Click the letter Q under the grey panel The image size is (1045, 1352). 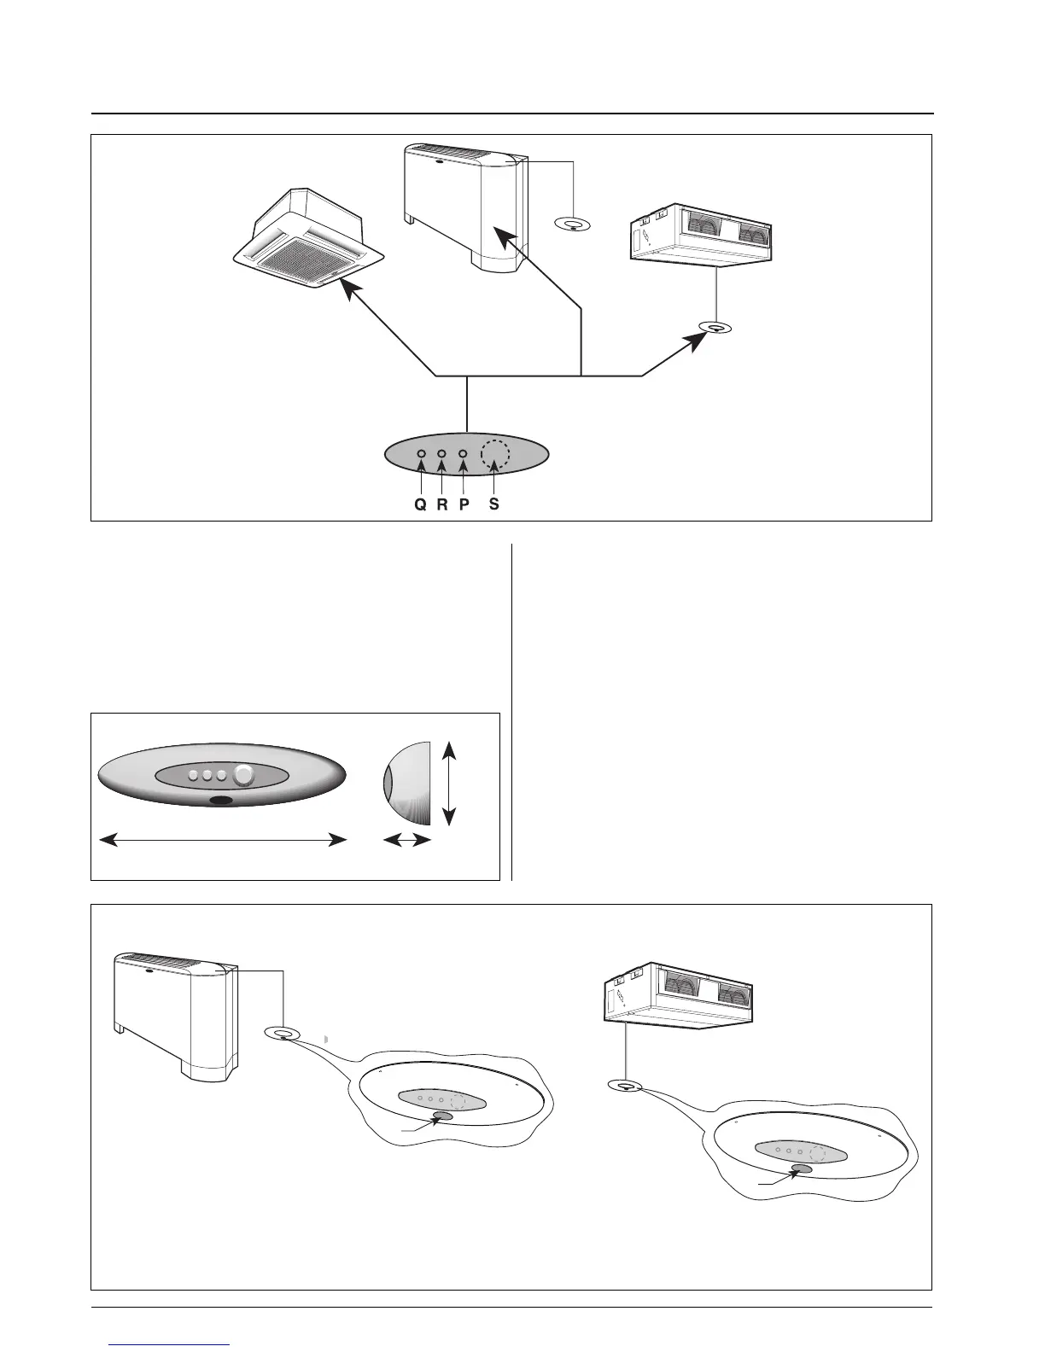tap(420, 504)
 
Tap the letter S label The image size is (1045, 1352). tap(494, 504)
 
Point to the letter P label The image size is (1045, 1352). tap(464, 504)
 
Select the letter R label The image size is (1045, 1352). tap(442, 504)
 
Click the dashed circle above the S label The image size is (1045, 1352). tap(494, 454)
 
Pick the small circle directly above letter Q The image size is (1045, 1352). tap(421, 454)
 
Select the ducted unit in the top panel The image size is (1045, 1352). tap(702, 234)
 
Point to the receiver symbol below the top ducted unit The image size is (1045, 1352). tap(715, 328)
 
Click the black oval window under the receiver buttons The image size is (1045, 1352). tap(222, 801)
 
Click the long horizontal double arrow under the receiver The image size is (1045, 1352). tap(223, 841)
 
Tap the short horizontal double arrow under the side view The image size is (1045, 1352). tap(406, 842)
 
